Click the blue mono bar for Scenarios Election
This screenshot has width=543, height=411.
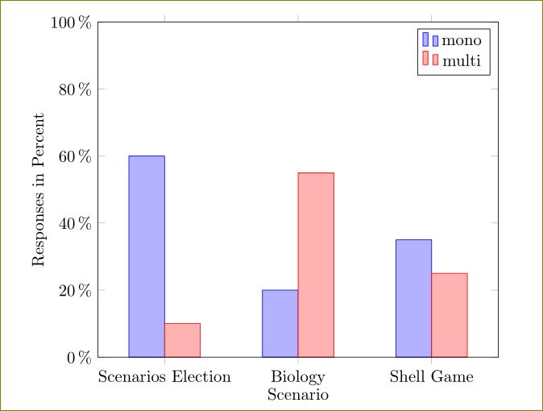click(147, 256)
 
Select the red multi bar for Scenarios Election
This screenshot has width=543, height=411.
click(182, 340)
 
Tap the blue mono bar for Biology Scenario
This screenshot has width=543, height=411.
click(280, 323)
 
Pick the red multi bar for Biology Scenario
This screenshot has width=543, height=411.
click(316, 264)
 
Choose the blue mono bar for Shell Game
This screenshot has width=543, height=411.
click(413, 298)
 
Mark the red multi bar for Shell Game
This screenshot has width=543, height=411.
click(449, 315)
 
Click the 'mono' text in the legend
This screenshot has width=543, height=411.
click(462, 39)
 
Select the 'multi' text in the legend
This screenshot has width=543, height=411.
click(462, 60)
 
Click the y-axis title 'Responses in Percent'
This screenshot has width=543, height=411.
click(39, 189)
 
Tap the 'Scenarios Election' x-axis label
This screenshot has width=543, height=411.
click(164, 376)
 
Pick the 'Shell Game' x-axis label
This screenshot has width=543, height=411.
click(431, 376)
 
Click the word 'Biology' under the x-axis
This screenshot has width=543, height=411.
click(298, 377)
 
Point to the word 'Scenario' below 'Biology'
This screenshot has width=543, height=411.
click(298, 395)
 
